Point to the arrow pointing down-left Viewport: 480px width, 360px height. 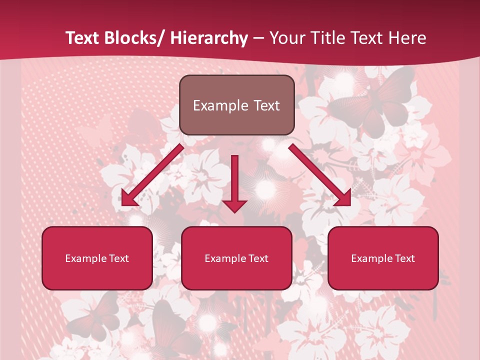[152, 175]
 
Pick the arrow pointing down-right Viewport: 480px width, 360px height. [320, 175]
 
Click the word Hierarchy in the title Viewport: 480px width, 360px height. [209, 38]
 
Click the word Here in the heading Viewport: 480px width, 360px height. [407, 38]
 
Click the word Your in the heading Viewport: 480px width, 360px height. [286, 38]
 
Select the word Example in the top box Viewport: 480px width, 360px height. [216, 106]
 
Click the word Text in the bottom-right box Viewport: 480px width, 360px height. [404, 258]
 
